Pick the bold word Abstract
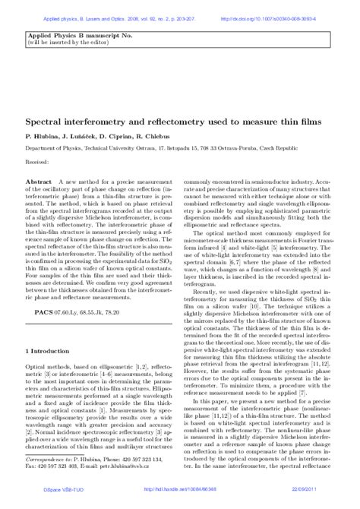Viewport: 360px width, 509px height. click(x=39, y=184)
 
